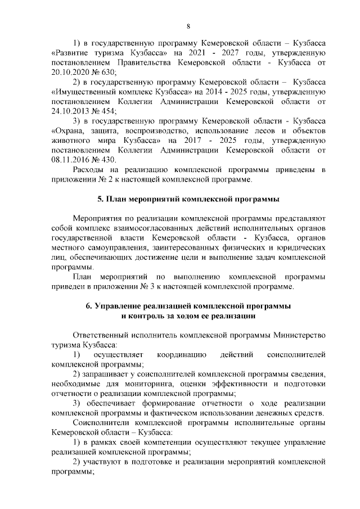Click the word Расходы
pos(92,170)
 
